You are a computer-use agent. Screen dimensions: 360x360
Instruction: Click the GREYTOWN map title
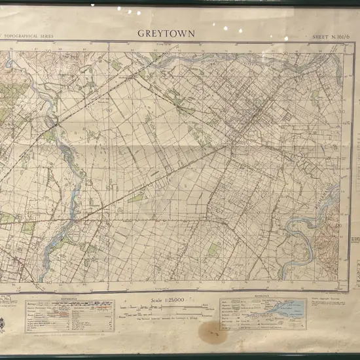tap(166, 33)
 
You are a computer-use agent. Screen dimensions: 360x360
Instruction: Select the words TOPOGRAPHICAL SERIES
tap(29, 37)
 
